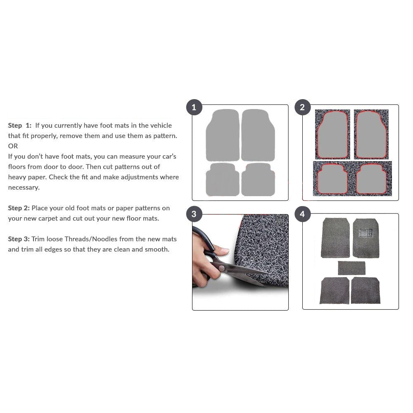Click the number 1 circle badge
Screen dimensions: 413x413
coord(194,107)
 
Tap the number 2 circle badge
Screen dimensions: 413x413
coord(302,107)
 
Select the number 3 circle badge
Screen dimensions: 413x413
coord(194,214)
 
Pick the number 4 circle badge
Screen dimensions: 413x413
coord(302,214)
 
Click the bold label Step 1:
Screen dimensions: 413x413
coord(20,126)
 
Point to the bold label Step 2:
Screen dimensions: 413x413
coord(19,208)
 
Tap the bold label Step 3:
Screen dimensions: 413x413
coord(19,239)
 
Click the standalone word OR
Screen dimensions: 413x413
coord(13,146)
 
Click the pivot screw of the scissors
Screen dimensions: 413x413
coord(222,268)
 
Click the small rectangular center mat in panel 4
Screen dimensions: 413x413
coord(351,268)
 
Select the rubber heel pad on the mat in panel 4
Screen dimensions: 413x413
coord(366,233)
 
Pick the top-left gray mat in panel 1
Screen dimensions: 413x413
coord(223,135)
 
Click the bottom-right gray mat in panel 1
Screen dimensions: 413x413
coord(258,179)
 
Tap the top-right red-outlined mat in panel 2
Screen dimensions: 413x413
coord(371,135)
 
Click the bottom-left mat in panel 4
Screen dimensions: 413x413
coord(335,290)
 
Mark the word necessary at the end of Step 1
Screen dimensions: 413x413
coord(24,188)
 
